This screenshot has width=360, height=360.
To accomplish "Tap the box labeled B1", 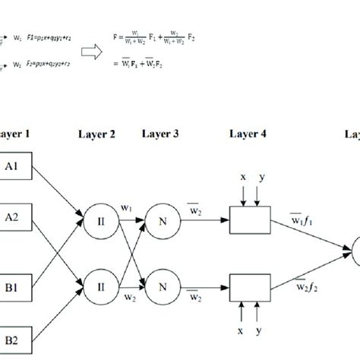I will (x=15, y=287).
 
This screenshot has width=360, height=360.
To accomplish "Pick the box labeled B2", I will (x=15, y=335).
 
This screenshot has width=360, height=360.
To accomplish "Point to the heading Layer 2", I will (x=96, y=134).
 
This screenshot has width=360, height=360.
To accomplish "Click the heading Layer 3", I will (x=161, y=134).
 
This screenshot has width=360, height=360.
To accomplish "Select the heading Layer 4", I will (x=247, y=134).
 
